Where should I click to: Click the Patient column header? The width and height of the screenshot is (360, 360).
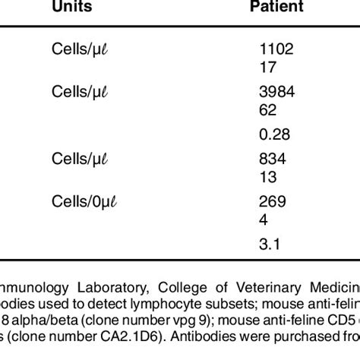[277, 7]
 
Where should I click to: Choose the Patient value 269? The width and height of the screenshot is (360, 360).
[273, 201]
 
